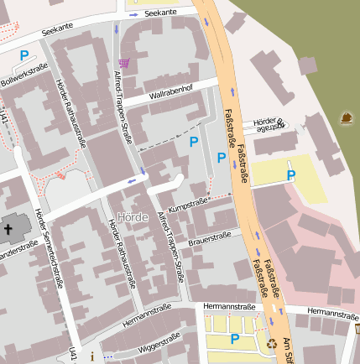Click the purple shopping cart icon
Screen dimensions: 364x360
click(x=124, y=63)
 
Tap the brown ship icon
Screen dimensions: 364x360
click(x=345, y=118)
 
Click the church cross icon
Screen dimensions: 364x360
click(x=9, y=229)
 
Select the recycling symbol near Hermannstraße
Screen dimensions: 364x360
click(x=271, y=343)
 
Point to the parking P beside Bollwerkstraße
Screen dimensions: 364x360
click(x=24, y=56)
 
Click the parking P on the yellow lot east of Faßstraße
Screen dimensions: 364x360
click(x=290, y=175)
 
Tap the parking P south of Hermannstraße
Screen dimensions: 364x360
click(x=235, y=339)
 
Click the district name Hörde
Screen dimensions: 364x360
click(x=133, y=217)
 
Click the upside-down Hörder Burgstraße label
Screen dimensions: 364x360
click(x=269, y=125)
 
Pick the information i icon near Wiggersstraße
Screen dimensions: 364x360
click(x=92, y=356)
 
